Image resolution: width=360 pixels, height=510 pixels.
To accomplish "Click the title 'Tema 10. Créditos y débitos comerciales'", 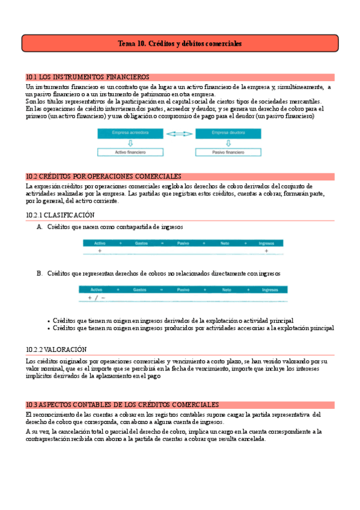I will click(x=180, y=44).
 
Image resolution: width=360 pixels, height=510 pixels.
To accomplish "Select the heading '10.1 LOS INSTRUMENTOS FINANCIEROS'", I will click(x=88, y=77).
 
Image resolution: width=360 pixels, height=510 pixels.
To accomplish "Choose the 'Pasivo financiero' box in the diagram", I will click(x=229, y=153).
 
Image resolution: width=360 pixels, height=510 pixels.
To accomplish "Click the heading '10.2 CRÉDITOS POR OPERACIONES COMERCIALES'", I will click(x=104, y=176).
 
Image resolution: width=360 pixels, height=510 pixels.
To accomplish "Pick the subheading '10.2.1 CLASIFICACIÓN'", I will click(x=60, y=215).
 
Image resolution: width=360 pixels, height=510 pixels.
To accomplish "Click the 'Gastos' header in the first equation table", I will click(x=142, y=242).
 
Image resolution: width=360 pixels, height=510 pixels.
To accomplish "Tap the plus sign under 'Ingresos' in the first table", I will click(x=266, y=250).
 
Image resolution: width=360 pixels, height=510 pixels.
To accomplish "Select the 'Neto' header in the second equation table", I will click(x=227, y=289).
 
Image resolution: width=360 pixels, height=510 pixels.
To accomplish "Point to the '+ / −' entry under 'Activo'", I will click(x=97, y=298).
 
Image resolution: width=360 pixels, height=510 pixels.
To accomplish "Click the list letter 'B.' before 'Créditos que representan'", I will click(x=40, y=273).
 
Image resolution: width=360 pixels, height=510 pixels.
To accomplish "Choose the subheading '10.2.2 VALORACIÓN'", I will click(x=56, y=349).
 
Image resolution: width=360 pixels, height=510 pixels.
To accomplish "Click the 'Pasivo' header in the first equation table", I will click(x=183, y=242).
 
